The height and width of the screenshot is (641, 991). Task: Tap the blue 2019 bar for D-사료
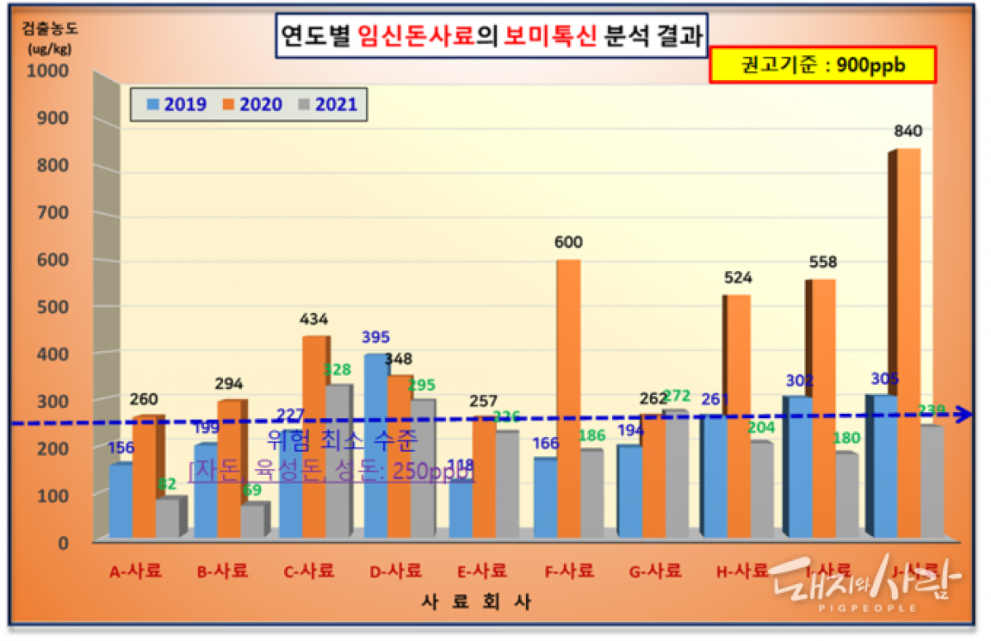[x=377, y=446]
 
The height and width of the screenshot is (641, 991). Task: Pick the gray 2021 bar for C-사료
[x=338, y=463]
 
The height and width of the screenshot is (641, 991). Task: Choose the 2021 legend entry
[x=327, y=105]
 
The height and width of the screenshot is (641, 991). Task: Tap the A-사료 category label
[x=136, y=571]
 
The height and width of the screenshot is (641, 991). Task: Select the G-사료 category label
[x=654, y=571]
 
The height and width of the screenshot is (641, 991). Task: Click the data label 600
[x=568, y=243]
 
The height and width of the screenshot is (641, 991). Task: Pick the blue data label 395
[x=376, y=338]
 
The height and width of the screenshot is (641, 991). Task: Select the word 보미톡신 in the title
[x=550, y=36]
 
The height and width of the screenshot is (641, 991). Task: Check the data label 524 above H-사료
[x=737, y=278]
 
